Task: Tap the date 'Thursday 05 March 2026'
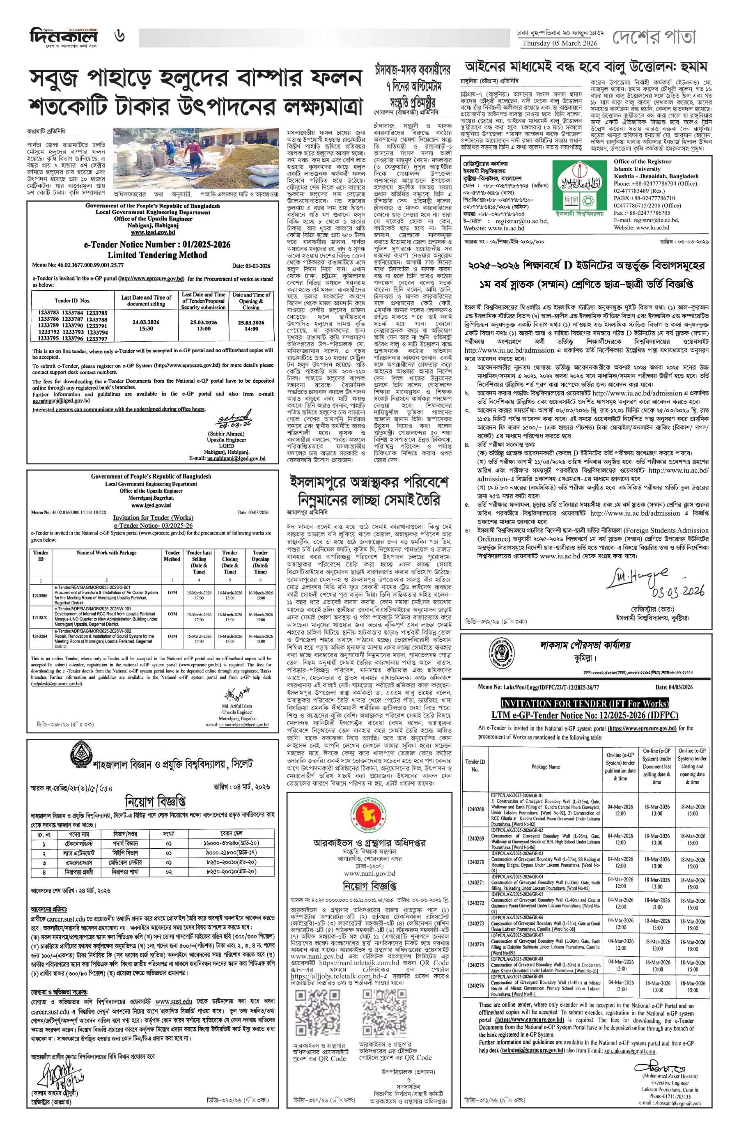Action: [x=560, y=44]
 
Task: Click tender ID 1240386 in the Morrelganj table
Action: [x=40, y=596]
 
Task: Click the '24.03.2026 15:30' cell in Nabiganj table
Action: [x=146, y=326]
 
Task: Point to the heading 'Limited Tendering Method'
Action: [x=157, y=255]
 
